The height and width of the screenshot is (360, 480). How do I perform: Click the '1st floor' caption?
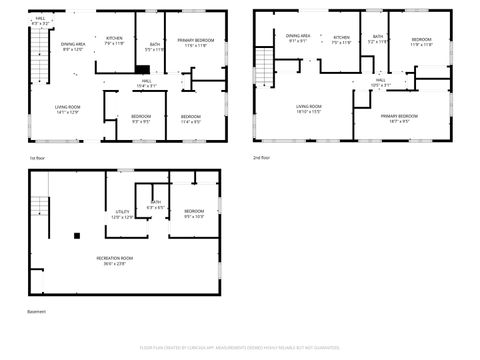tap(38, 157)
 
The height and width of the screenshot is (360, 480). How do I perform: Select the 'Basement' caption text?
tap(38, 312)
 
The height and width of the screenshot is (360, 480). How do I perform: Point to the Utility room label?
tap(122, 214)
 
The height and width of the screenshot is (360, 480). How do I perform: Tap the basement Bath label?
tap(155, 205)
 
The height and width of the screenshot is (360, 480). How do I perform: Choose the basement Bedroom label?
tap(194, 213)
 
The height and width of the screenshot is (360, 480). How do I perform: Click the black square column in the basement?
tap(76, 237)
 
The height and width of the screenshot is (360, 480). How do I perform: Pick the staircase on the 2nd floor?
tap(263, 66)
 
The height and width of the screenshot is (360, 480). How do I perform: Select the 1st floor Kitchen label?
tap(114, 40)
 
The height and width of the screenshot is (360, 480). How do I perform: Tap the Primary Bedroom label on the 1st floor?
tap(195, 43)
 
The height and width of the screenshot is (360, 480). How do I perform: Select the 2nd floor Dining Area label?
tap(299, 38)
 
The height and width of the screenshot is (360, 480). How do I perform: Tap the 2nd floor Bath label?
tap(376, 39)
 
